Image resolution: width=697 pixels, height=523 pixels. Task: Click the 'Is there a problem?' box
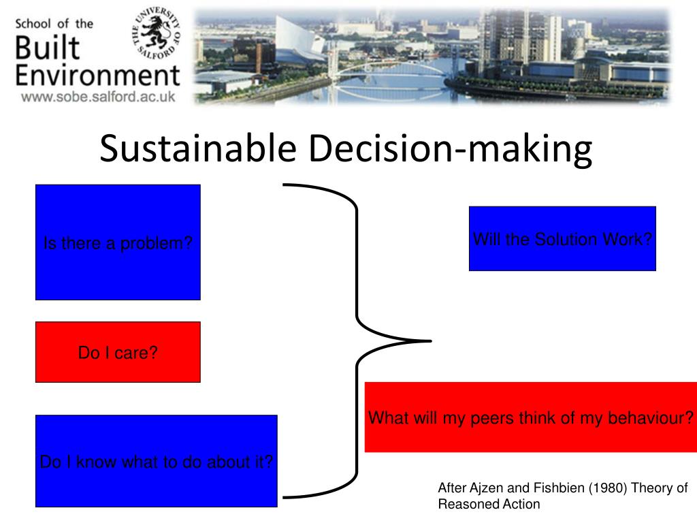[118, 242]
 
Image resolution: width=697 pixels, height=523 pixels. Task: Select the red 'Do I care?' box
[118, 352]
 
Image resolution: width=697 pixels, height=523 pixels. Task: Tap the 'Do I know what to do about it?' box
[157, 461]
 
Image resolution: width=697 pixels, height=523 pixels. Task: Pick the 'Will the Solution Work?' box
[562, 238]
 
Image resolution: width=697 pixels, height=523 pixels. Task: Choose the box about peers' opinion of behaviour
[531, 417]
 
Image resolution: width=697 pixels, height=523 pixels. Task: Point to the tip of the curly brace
[431, 341]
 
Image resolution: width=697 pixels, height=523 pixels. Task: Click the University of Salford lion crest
[156, 33]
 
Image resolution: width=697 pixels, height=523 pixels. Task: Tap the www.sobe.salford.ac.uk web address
[98, 97]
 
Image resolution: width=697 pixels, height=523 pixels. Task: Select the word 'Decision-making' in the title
[451, 150]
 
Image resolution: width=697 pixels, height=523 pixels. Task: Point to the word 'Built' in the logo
[48, 48]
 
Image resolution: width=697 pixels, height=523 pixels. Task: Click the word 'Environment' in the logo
[98, 75]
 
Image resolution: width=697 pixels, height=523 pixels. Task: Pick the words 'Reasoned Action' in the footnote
[489, 504]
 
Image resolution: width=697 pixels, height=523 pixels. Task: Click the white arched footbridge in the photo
[386, 75]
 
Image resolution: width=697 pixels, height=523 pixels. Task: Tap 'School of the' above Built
[54, 24]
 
